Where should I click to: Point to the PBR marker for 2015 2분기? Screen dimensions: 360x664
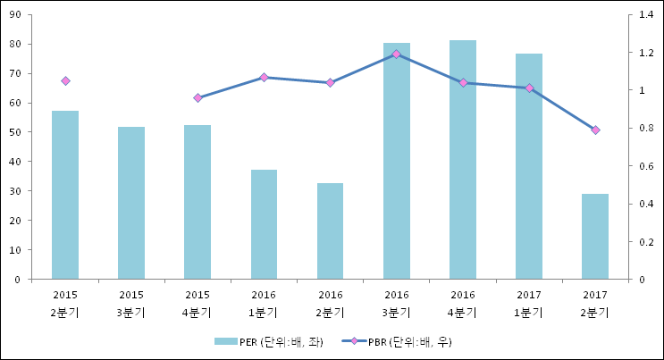click(65, 81)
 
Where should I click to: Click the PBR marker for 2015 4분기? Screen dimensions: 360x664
click(198, 97)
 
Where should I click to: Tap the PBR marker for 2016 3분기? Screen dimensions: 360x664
click(397, 54)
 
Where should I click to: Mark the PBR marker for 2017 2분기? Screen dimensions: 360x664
click(595, 130)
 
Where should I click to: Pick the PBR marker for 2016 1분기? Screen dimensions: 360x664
click(264, 78)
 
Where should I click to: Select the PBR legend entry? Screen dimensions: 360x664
click(399, 341)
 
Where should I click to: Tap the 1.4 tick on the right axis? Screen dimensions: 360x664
click(645, 15)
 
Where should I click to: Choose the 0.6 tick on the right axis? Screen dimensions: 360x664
click(645, 166)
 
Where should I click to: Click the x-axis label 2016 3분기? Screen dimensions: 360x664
click(397, 303)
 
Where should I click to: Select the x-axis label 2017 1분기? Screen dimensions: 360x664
click(529, 303)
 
